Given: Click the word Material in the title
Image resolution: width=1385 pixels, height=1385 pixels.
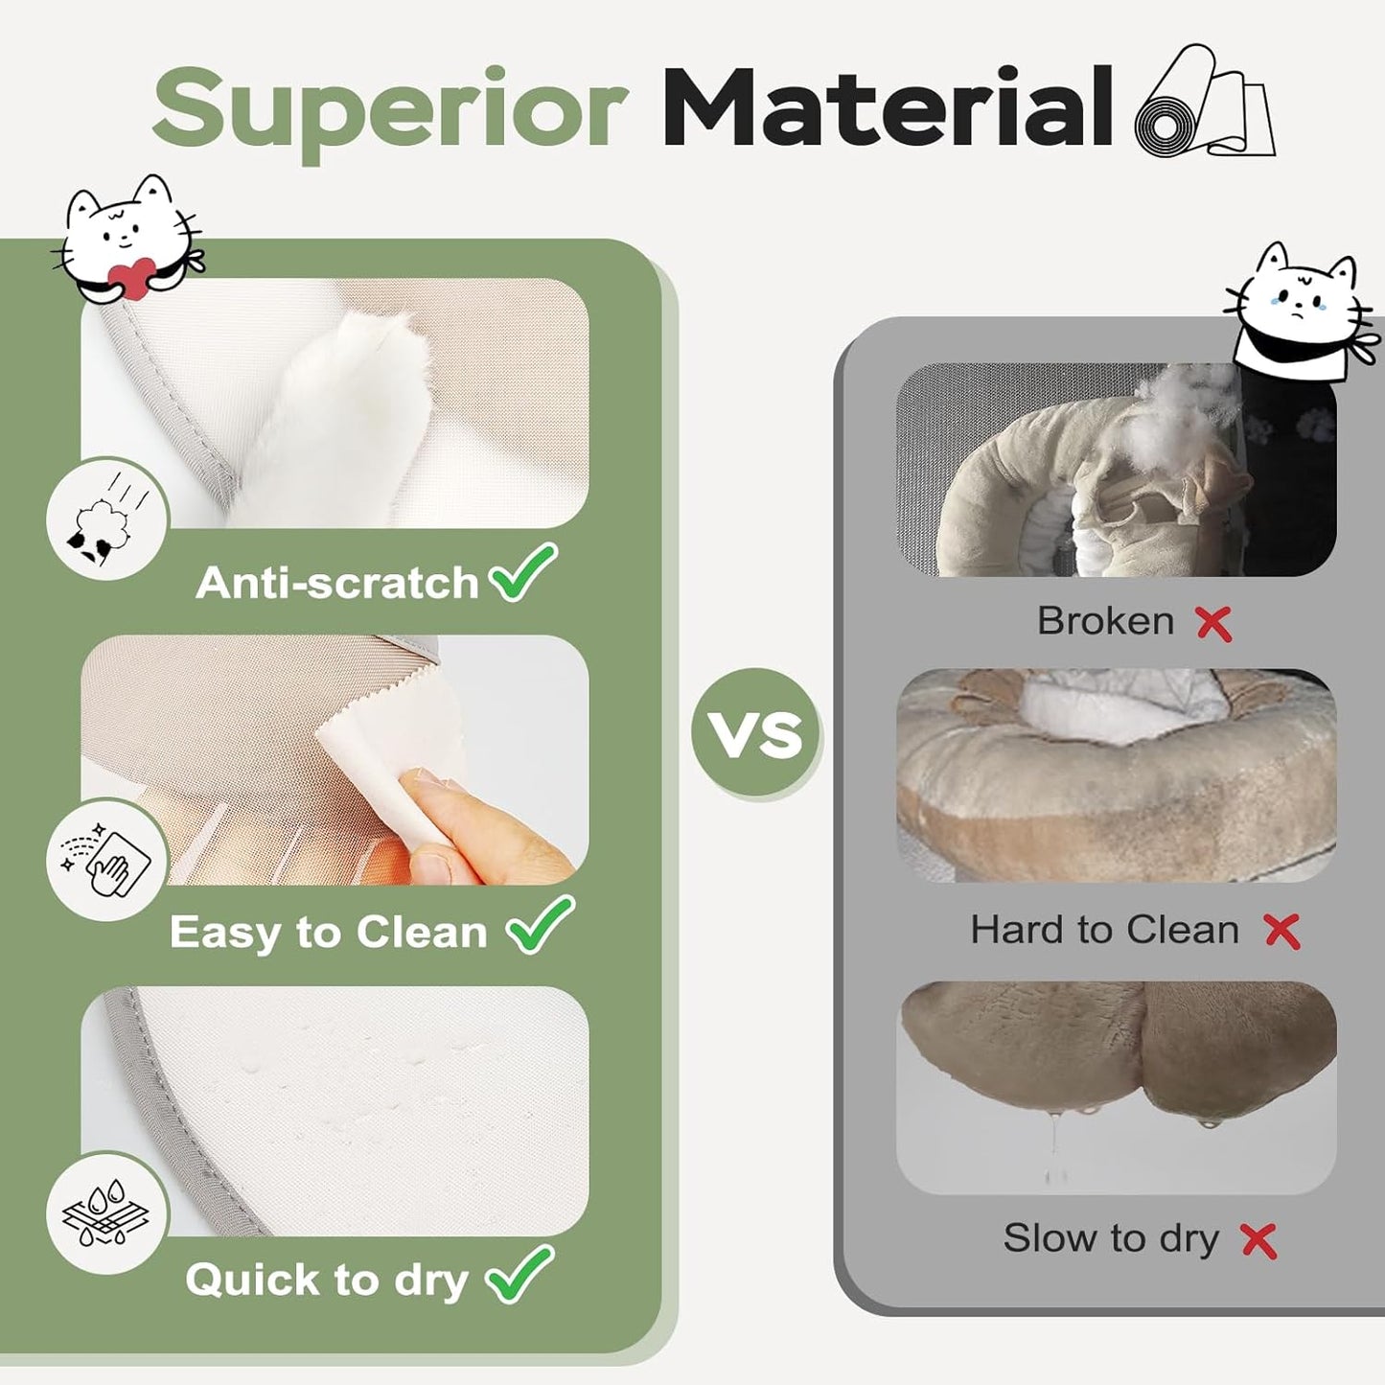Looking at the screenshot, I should (x=888, y=107).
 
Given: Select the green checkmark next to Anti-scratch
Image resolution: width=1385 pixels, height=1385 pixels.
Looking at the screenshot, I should (x=522, y=572).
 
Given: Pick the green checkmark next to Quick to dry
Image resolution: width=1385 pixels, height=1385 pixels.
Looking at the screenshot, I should (x=519, y=1274).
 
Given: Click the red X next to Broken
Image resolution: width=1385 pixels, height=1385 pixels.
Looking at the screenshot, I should (x=1213, y=623).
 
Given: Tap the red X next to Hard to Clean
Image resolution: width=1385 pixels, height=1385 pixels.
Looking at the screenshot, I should (x=1281, y=931).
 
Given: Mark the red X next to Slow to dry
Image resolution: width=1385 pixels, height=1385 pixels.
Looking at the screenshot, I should (x=1258, y=1240).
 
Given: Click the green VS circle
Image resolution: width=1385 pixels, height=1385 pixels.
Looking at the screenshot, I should (x=756, y=733).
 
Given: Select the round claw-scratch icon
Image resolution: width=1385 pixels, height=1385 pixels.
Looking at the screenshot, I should (x=107, y=519).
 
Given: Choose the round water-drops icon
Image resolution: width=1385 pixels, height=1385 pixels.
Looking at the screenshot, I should (x=107, y=1212).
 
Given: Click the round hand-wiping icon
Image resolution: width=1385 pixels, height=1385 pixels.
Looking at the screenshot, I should (x=107, y=860).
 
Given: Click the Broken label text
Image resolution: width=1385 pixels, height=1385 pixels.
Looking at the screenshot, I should (x=1105, y=621).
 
